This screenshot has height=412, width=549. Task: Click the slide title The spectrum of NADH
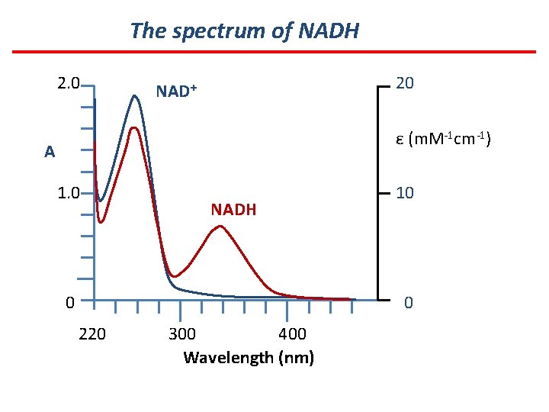pos(244,31)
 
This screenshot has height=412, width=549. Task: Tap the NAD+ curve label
pos(176,92)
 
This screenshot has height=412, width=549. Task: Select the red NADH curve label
pos(233,209)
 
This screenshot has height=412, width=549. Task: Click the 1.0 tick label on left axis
pos(69,192)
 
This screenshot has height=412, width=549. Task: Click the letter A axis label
pos(50,152)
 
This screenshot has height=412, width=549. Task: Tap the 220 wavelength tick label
pos(92,333)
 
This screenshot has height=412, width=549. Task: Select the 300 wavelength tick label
pos(181,333)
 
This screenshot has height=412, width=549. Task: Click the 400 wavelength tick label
pos(292,333)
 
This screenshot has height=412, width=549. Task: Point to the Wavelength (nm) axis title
pos(249,357)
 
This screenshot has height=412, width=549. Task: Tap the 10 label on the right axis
pos(405,193)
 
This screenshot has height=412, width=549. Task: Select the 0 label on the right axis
pos(409,304)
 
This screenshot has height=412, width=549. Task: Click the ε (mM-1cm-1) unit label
pos(443,139)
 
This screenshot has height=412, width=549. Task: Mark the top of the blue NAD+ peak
pos(135,96)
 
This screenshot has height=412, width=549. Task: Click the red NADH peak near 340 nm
pos(220,227)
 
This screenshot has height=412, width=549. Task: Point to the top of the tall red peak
pos(135,128)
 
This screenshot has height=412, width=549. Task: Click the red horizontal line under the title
pos(274,52)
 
